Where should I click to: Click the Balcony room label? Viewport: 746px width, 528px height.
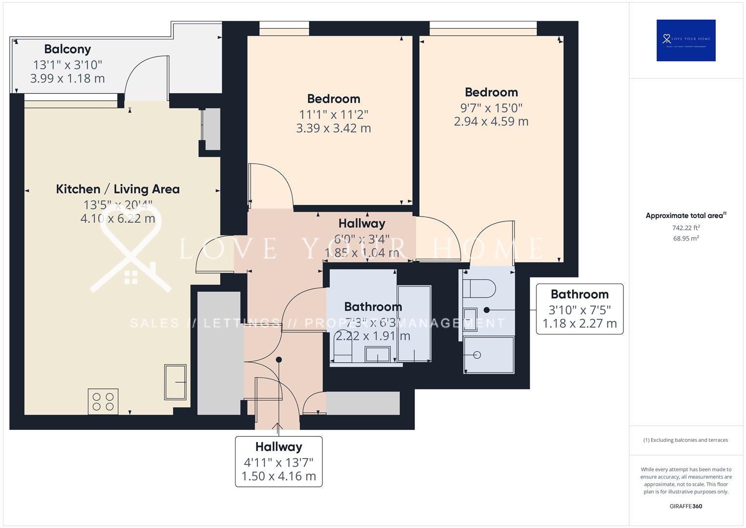(x=67, y=49)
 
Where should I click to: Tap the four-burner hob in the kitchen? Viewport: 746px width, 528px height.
(x=103, y=401)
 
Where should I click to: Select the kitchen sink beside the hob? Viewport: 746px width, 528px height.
(x=175, y=381)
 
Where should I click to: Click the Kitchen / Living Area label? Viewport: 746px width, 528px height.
(x=118, y=189)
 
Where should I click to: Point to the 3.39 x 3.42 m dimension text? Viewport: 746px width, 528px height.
(x=333, y=129)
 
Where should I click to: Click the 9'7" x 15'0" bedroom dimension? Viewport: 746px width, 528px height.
(x=491, y=108)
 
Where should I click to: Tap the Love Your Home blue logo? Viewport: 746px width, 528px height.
(x=685, y=40)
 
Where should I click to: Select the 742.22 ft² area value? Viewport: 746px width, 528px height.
(x=685, y=228)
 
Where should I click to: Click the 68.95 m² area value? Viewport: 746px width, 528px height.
(x=685, y=239)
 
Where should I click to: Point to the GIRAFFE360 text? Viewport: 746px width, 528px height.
(x=685, y=506)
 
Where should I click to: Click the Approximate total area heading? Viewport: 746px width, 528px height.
(x=685, y=216)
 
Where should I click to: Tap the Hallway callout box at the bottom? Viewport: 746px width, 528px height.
(x=278, y=462)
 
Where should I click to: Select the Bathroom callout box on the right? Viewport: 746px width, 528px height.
(x=579, y=309)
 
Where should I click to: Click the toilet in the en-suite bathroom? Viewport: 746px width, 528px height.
(x=480, y=288)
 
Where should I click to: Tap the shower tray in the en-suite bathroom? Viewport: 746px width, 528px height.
(x=489, y=355)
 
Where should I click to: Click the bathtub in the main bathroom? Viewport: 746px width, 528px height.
(x=414, y=324)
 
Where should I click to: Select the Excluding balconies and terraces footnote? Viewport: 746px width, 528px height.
(x=685, y=440)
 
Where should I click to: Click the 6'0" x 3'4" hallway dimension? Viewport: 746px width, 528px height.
(x=362, y=239)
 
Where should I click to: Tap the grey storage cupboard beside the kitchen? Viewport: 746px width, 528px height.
(x=219, y=353)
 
